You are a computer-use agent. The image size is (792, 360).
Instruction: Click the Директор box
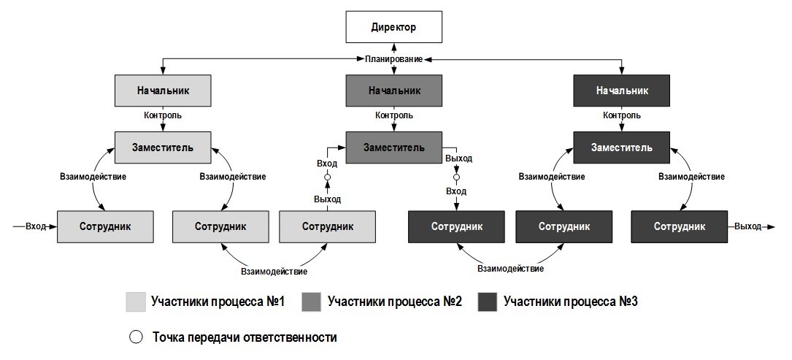pos(393,27)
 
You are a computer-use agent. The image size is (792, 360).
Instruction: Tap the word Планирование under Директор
pos(394,59)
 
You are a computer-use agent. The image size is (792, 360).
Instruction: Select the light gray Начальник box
pos(163,91)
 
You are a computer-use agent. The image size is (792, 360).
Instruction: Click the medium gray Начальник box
pos(394,91)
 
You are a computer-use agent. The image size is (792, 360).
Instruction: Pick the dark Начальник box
pos(622,91)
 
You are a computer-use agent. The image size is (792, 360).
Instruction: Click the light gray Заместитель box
pos(163,148)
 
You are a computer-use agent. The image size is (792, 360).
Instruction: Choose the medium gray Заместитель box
pos(394,148)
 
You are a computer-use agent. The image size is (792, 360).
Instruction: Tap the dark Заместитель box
pos(622,148)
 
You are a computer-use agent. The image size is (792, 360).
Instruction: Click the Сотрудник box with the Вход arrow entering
pos(105,226)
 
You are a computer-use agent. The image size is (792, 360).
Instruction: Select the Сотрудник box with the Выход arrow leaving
pos(680,226)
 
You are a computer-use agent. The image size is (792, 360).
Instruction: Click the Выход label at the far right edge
pos(748,226)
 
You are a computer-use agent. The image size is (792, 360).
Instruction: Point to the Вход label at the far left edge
pos(36,226)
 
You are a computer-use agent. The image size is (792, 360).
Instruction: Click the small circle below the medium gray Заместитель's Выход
pos(457,177)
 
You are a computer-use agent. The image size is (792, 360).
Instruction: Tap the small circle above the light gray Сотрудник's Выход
pos(327,177)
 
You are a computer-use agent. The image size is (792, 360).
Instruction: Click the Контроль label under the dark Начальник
pos(622,115)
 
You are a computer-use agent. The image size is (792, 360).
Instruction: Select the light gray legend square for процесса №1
pos(135,302)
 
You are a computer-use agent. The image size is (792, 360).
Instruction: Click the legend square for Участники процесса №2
pos(311,302)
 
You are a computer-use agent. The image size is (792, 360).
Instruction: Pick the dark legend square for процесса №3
pos(488,302)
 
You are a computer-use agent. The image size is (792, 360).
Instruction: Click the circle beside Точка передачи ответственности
pos(136,338)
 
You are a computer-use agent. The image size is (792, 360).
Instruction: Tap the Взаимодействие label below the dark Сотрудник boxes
pos(511,269)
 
